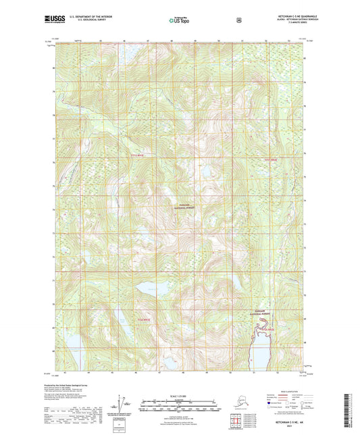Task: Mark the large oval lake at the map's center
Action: coord(152,289)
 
